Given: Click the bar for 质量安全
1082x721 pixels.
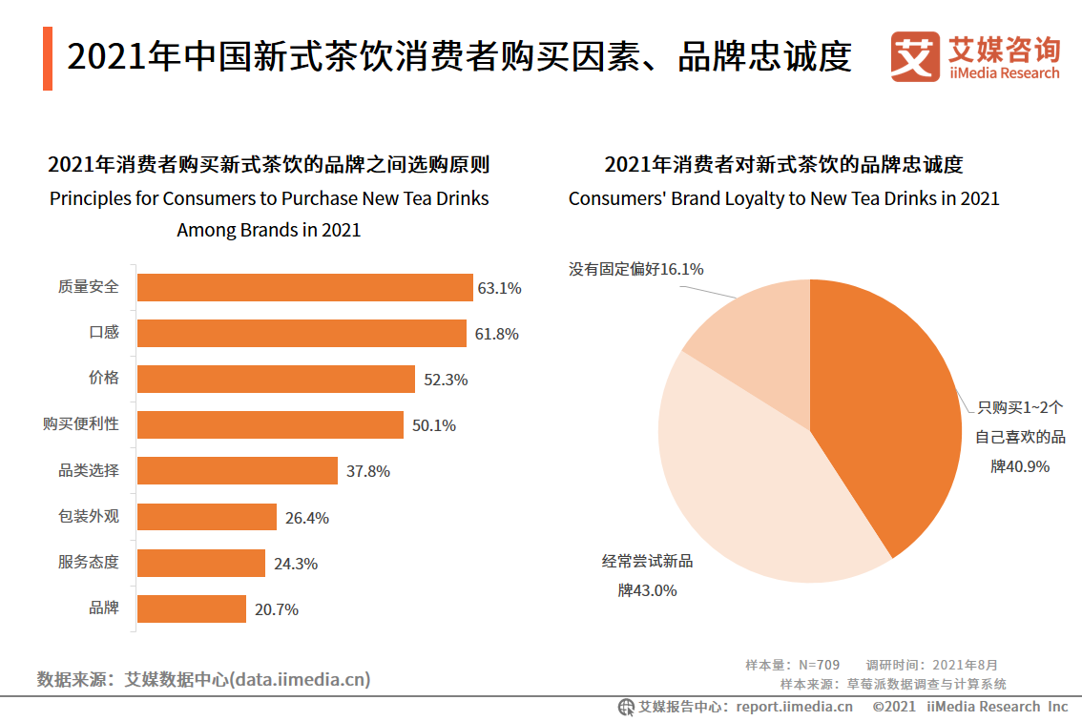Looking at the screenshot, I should pos(305,288).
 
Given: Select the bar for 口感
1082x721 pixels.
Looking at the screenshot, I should pos(302,334).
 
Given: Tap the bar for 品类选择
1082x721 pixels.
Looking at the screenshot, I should pos(238,471).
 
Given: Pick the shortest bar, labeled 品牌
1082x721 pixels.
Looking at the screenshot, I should pos(192,608).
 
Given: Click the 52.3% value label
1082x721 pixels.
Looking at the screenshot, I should pos(446,380).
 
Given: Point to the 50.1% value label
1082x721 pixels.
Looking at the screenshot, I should pos(433,425).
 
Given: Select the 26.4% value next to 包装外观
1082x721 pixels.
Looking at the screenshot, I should pos(306,518).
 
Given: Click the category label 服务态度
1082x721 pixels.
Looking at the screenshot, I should pos(89,562).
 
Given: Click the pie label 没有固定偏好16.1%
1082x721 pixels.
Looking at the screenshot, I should pos(636,269).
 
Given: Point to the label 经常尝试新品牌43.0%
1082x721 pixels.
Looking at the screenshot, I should pos(647,576).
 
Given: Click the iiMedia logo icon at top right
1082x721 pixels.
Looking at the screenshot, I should pos(914,57).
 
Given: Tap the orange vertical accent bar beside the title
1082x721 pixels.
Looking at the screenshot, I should pos(48,58).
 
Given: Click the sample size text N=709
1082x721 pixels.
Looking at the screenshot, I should pos(819,665).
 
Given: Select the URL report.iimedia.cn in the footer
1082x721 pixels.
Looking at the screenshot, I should pos(794,707).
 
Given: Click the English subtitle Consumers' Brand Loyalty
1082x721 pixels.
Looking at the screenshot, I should pos(783,198).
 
